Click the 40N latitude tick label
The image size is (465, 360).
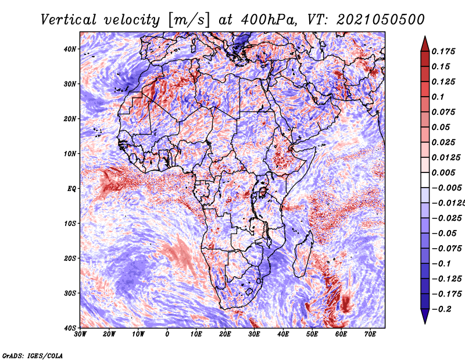point(70,49)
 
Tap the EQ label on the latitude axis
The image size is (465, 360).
point(71,189)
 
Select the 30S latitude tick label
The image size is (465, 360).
point(70,294)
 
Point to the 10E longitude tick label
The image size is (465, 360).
point(196,334)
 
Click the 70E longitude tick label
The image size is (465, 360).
point(370,334)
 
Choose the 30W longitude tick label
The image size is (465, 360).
point(80,334)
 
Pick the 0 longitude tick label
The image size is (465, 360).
point(167,334)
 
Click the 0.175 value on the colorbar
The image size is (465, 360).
point(443,51)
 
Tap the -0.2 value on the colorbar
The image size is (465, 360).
point(442,309)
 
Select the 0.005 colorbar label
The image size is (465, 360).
point(443,172)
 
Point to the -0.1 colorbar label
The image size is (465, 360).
point(442,264)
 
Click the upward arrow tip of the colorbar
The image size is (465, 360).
point(425,37)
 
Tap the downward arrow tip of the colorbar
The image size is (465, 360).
point(425,323)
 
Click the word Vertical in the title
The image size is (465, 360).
point(69,20)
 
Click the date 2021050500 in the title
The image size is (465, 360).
point(381,20)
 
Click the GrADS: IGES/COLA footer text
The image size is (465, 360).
point(33,356)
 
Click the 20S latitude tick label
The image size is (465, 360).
point(70,259)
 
